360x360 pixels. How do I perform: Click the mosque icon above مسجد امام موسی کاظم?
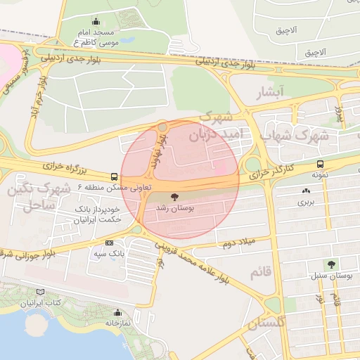pos(96,22)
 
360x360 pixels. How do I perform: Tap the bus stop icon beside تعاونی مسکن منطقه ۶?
pos(114,176)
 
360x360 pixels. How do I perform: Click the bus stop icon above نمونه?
pos(321,164)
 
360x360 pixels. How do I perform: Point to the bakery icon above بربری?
pos(306,191)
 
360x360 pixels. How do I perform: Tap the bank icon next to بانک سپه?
pos(108,242)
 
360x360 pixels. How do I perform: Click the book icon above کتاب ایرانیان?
pos(40,292)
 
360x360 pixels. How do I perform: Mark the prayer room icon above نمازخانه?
pos(117,313)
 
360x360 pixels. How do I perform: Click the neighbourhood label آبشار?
pos(271,92)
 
